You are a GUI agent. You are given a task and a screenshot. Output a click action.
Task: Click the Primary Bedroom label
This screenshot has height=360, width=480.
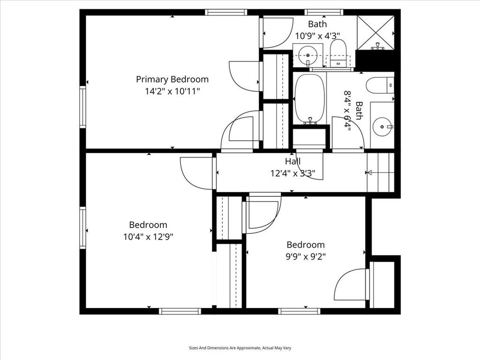pos(172,80)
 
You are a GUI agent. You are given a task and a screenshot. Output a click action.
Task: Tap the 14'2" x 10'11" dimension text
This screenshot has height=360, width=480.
pos(172,91)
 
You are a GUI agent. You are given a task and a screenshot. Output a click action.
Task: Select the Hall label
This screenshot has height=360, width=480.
pos(293,161)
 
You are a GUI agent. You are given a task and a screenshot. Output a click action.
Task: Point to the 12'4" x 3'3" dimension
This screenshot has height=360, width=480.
pos(292,173)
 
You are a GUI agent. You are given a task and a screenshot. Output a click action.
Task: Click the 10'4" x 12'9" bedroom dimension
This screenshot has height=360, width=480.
pos(148,237)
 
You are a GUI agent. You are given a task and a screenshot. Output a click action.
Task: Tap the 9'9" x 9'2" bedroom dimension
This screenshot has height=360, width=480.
pos(305,256)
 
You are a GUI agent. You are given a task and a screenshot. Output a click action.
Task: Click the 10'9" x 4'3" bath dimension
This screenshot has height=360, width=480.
pos(317,36)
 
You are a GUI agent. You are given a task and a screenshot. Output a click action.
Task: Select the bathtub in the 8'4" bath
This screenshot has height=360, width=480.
pos(309,99)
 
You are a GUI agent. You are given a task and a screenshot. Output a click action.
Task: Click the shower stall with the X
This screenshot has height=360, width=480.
pos(375,32)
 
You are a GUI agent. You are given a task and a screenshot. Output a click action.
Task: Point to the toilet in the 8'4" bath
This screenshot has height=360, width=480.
pos(380,85)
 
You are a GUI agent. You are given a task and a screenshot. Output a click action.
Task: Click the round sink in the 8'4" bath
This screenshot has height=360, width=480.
pos(382,127)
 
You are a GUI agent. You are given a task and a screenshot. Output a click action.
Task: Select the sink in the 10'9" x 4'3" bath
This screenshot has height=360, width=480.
pos(307,55)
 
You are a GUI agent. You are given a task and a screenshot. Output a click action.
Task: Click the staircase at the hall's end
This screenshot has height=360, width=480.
pos(381,172)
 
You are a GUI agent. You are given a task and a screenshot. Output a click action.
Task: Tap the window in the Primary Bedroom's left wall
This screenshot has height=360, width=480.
pos(82,107)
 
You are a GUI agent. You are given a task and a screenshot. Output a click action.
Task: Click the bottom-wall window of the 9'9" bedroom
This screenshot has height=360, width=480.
pos(299,311)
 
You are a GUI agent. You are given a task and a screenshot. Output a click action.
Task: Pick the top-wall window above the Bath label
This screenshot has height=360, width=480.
pos(324,12)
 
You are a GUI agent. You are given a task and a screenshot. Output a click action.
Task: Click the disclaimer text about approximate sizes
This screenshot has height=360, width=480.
pos(240,348)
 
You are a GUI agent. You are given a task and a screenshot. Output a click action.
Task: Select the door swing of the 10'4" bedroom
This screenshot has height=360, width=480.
pos(196,173)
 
